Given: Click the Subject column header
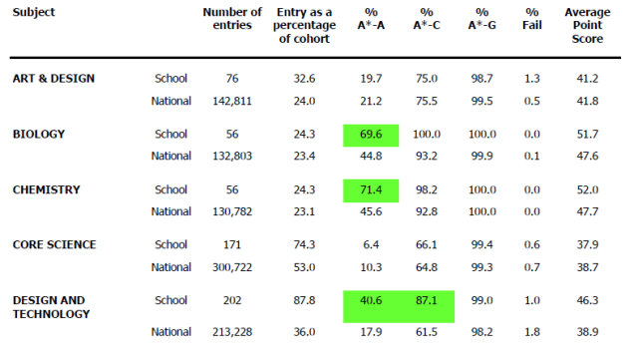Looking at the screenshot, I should tap(35, 12).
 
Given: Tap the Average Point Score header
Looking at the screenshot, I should tap(587, 24).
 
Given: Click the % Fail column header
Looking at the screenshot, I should tap(531, 18).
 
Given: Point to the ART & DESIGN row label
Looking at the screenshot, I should tap(54, 78).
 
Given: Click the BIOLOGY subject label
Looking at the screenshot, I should tap(38, 134).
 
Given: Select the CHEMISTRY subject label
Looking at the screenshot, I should tap(46, 189).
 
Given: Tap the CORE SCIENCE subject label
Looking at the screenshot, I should tap(55, 244).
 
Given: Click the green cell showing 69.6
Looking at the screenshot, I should tap(369, 135).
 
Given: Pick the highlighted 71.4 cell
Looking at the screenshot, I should tap(369, 189).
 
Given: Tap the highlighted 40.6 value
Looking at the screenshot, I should tap(369, 300).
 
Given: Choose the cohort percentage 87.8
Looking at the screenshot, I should tap(305, 300).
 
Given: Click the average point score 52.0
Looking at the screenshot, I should tap(587, 190).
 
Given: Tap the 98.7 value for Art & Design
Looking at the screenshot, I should tap(482, 79).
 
